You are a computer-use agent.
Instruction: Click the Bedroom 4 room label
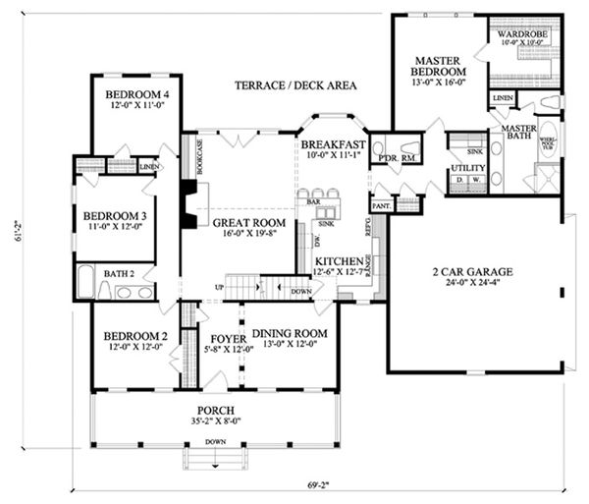(136, 94)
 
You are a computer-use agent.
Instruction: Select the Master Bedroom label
(437, 66)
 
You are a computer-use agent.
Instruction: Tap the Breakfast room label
(333, 142)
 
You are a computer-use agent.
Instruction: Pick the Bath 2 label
(119, 273)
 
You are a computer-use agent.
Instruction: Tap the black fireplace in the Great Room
(187, 204)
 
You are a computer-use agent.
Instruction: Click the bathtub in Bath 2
(85, 281)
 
